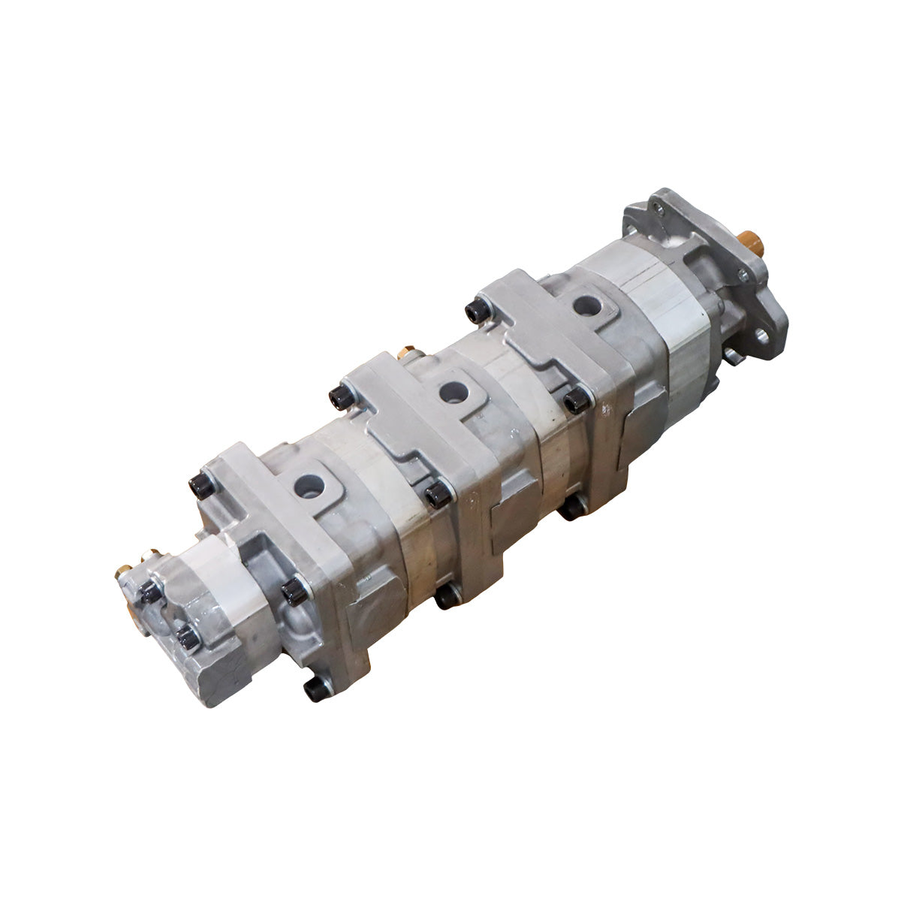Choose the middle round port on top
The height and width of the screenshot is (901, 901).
coord(451,391)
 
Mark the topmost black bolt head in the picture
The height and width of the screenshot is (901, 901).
coord(475,310)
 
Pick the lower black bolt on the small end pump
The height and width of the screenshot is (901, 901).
coord(188,639)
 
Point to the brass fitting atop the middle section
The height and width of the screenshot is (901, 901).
coord(409,351)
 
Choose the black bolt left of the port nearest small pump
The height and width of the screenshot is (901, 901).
coord(200,486)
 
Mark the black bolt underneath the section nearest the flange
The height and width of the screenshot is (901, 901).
coord(571,509)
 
